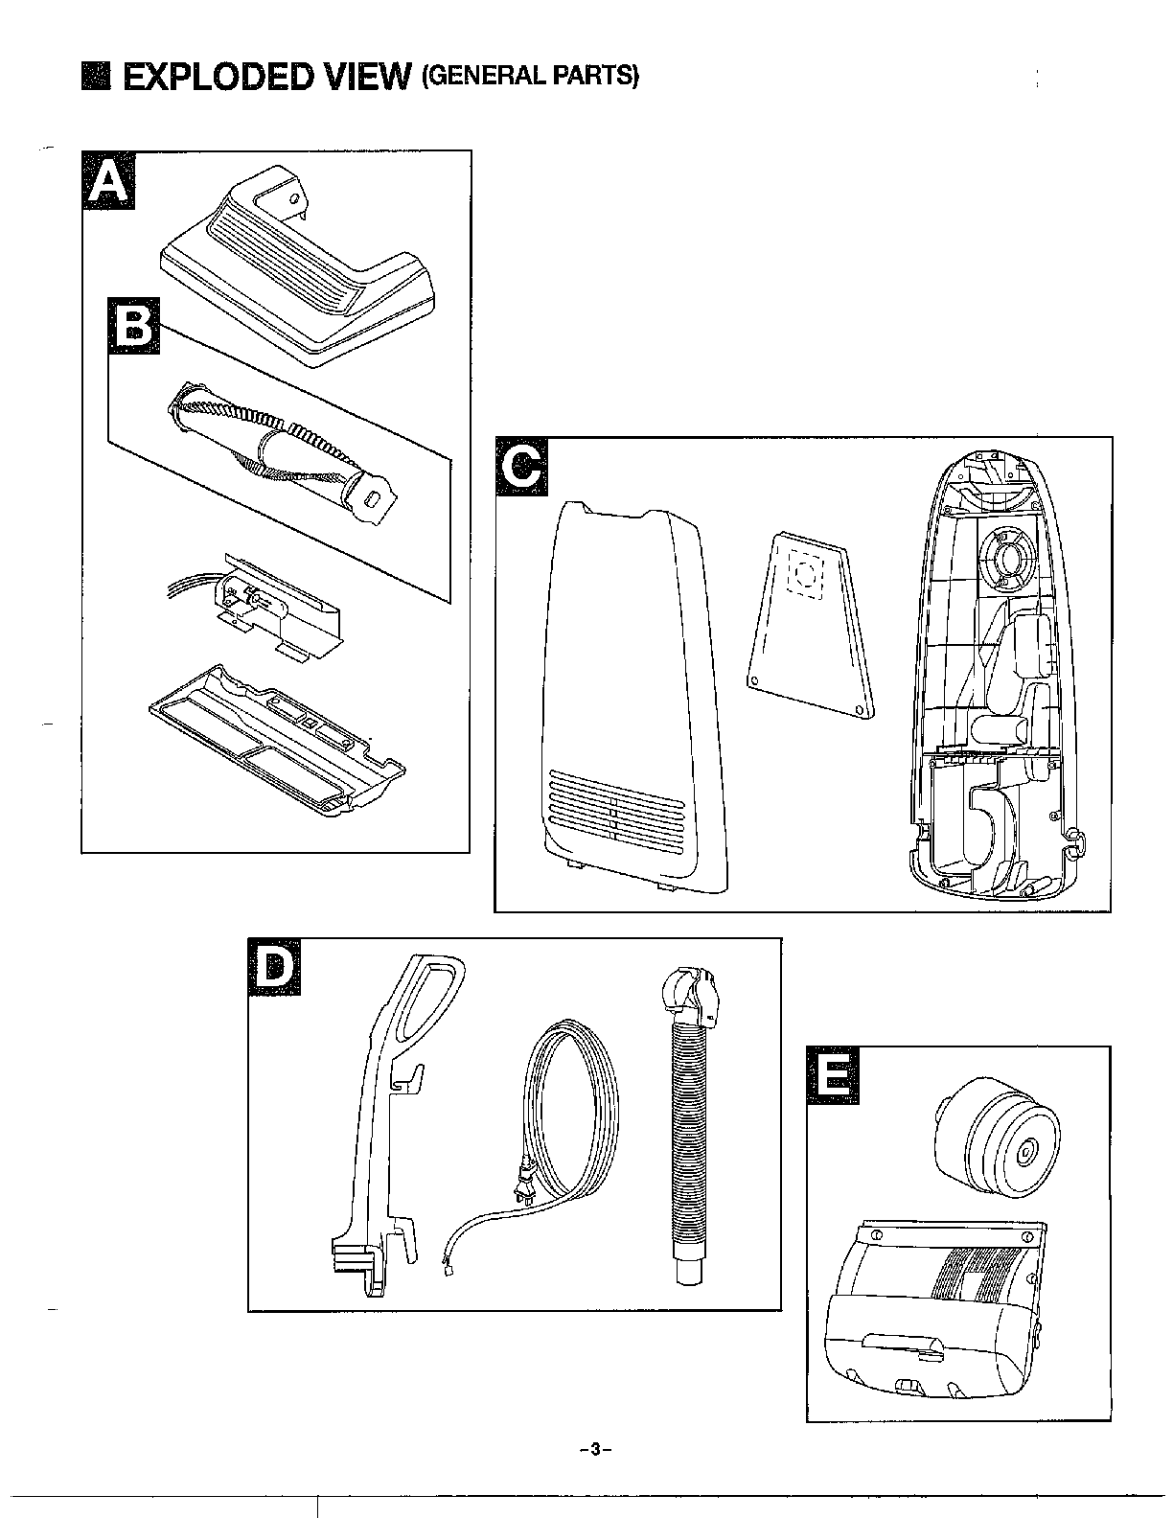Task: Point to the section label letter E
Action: point(833,1075)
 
